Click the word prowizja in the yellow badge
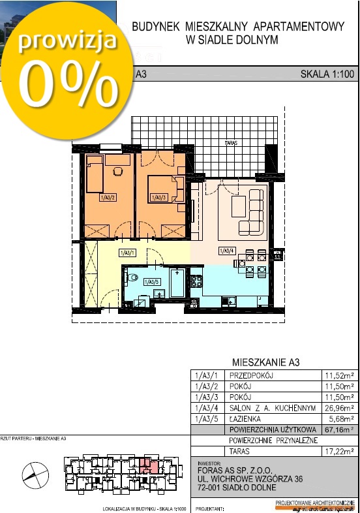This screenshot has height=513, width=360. (67, 40)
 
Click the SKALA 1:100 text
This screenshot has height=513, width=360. (327, 74)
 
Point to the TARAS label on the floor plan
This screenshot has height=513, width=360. (228, 142)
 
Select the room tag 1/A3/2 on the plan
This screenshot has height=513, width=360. (108, 196)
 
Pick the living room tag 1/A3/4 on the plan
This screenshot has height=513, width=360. (227, 251)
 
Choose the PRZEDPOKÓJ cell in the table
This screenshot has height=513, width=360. (251, 375)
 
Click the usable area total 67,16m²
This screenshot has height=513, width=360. (339, 429)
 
